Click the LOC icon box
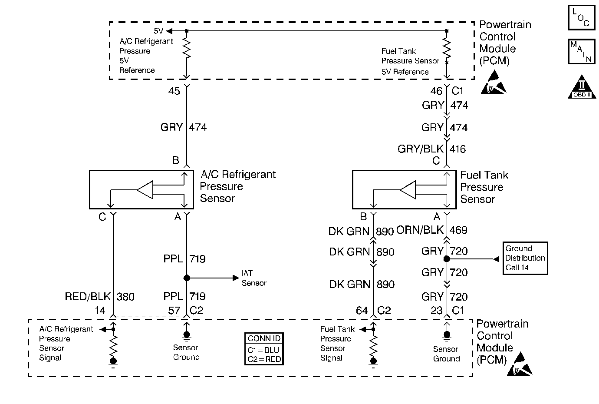(x=581, y=17)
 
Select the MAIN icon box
(x=581, y=51)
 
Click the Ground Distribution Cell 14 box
(x=525, y=258)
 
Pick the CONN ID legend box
(x=264, y=349)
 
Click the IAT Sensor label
(x=254, y=278)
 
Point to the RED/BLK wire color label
(x=88, y=297)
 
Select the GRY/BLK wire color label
(x=421, y=149)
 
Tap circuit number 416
(x=458, y=149)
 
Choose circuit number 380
(x=125, y=297)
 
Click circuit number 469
(x=458, y=230)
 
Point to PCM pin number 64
(x=362, y=310)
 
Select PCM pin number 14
(x=100, y=310)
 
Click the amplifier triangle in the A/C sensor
(x=145, y=190)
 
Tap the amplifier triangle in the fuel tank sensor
(x=408, y=190)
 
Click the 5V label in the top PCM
(x=159, y=31)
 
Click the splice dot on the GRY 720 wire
(x=446, y=259)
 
